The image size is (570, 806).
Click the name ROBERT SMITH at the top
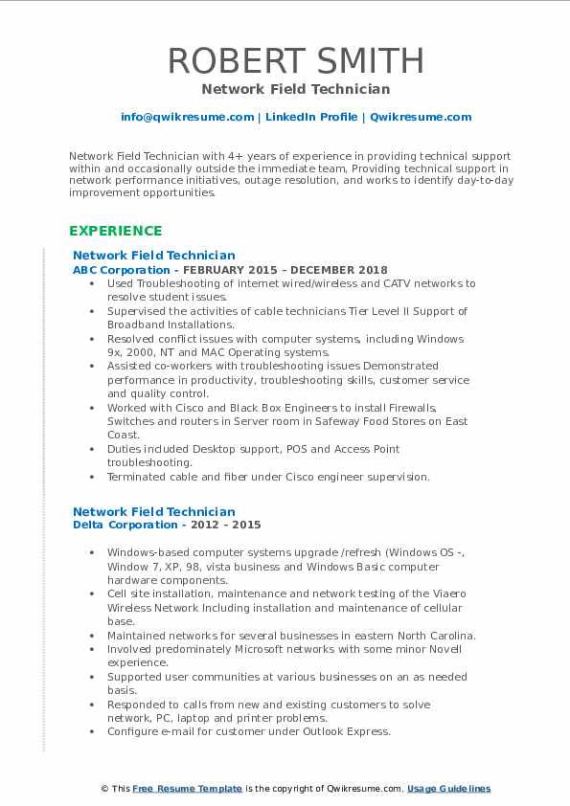(x=296, y=60)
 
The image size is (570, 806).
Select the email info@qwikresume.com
(x=187, y=117)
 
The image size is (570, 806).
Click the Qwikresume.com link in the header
(x=421, y=117)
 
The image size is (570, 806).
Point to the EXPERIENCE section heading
(x=115, y=231)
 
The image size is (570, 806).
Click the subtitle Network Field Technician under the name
(x=296, y=89)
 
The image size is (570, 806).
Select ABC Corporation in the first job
(x=108, y=270)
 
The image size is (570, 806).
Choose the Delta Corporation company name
(x=112, y=525)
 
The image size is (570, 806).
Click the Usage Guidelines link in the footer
(x=448, y=789)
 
